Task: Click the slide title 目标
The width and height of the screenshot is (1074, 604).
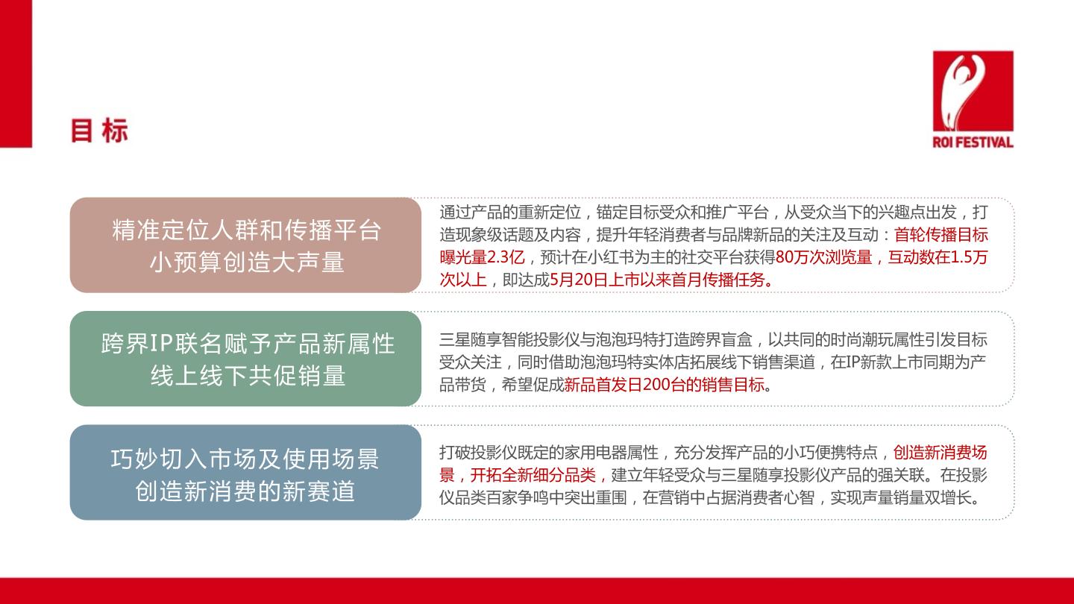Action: pos(99,130)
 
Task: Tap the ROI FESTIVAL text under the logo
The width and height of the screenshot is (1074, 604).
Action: pos(973,142)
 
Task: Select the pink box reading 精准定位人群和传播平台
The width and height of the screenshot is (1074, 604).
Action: pos(245,245)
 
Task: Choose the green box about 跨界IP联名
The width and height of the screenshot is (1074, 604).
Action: pos(245,359)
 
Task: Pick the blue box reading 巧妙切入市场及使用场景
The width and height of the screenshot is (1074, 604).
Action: pos(245,472)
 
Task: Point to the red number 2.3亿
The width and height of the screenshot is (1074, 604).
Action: pos(506,257)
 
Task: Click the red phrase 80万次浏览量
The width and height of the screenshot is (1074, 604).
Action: pos(823,257)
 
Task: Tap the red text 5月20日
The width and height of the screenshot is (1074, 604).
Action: pos(578,280)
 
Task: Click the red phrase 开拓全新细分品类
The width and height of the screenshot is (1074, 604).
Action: pos(533,475)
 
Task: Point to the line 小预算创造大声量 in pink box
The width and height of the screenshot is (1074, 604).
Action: pos(247,262)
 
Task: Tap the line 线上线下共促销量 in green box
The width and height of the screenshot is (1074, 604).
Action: pos(248,375)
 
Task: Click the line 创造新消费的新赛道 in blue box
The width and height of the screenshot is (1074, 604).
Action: pos(245,491)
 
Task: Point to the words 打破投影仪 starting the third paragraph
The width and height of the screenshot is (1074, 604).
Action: pos(478,453)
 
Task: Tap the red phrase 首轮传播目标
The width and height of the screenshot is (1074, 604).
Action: pos(940,235)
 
